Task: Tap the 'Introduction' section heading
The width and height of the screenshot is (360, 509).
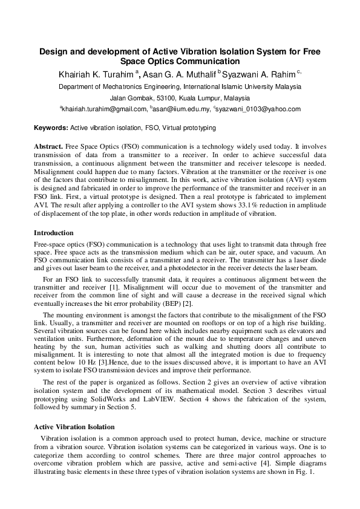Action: click(x=54, y=233)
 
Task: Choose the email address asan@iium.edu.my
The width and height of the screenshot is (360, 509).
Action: click(x=178, y=109)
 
